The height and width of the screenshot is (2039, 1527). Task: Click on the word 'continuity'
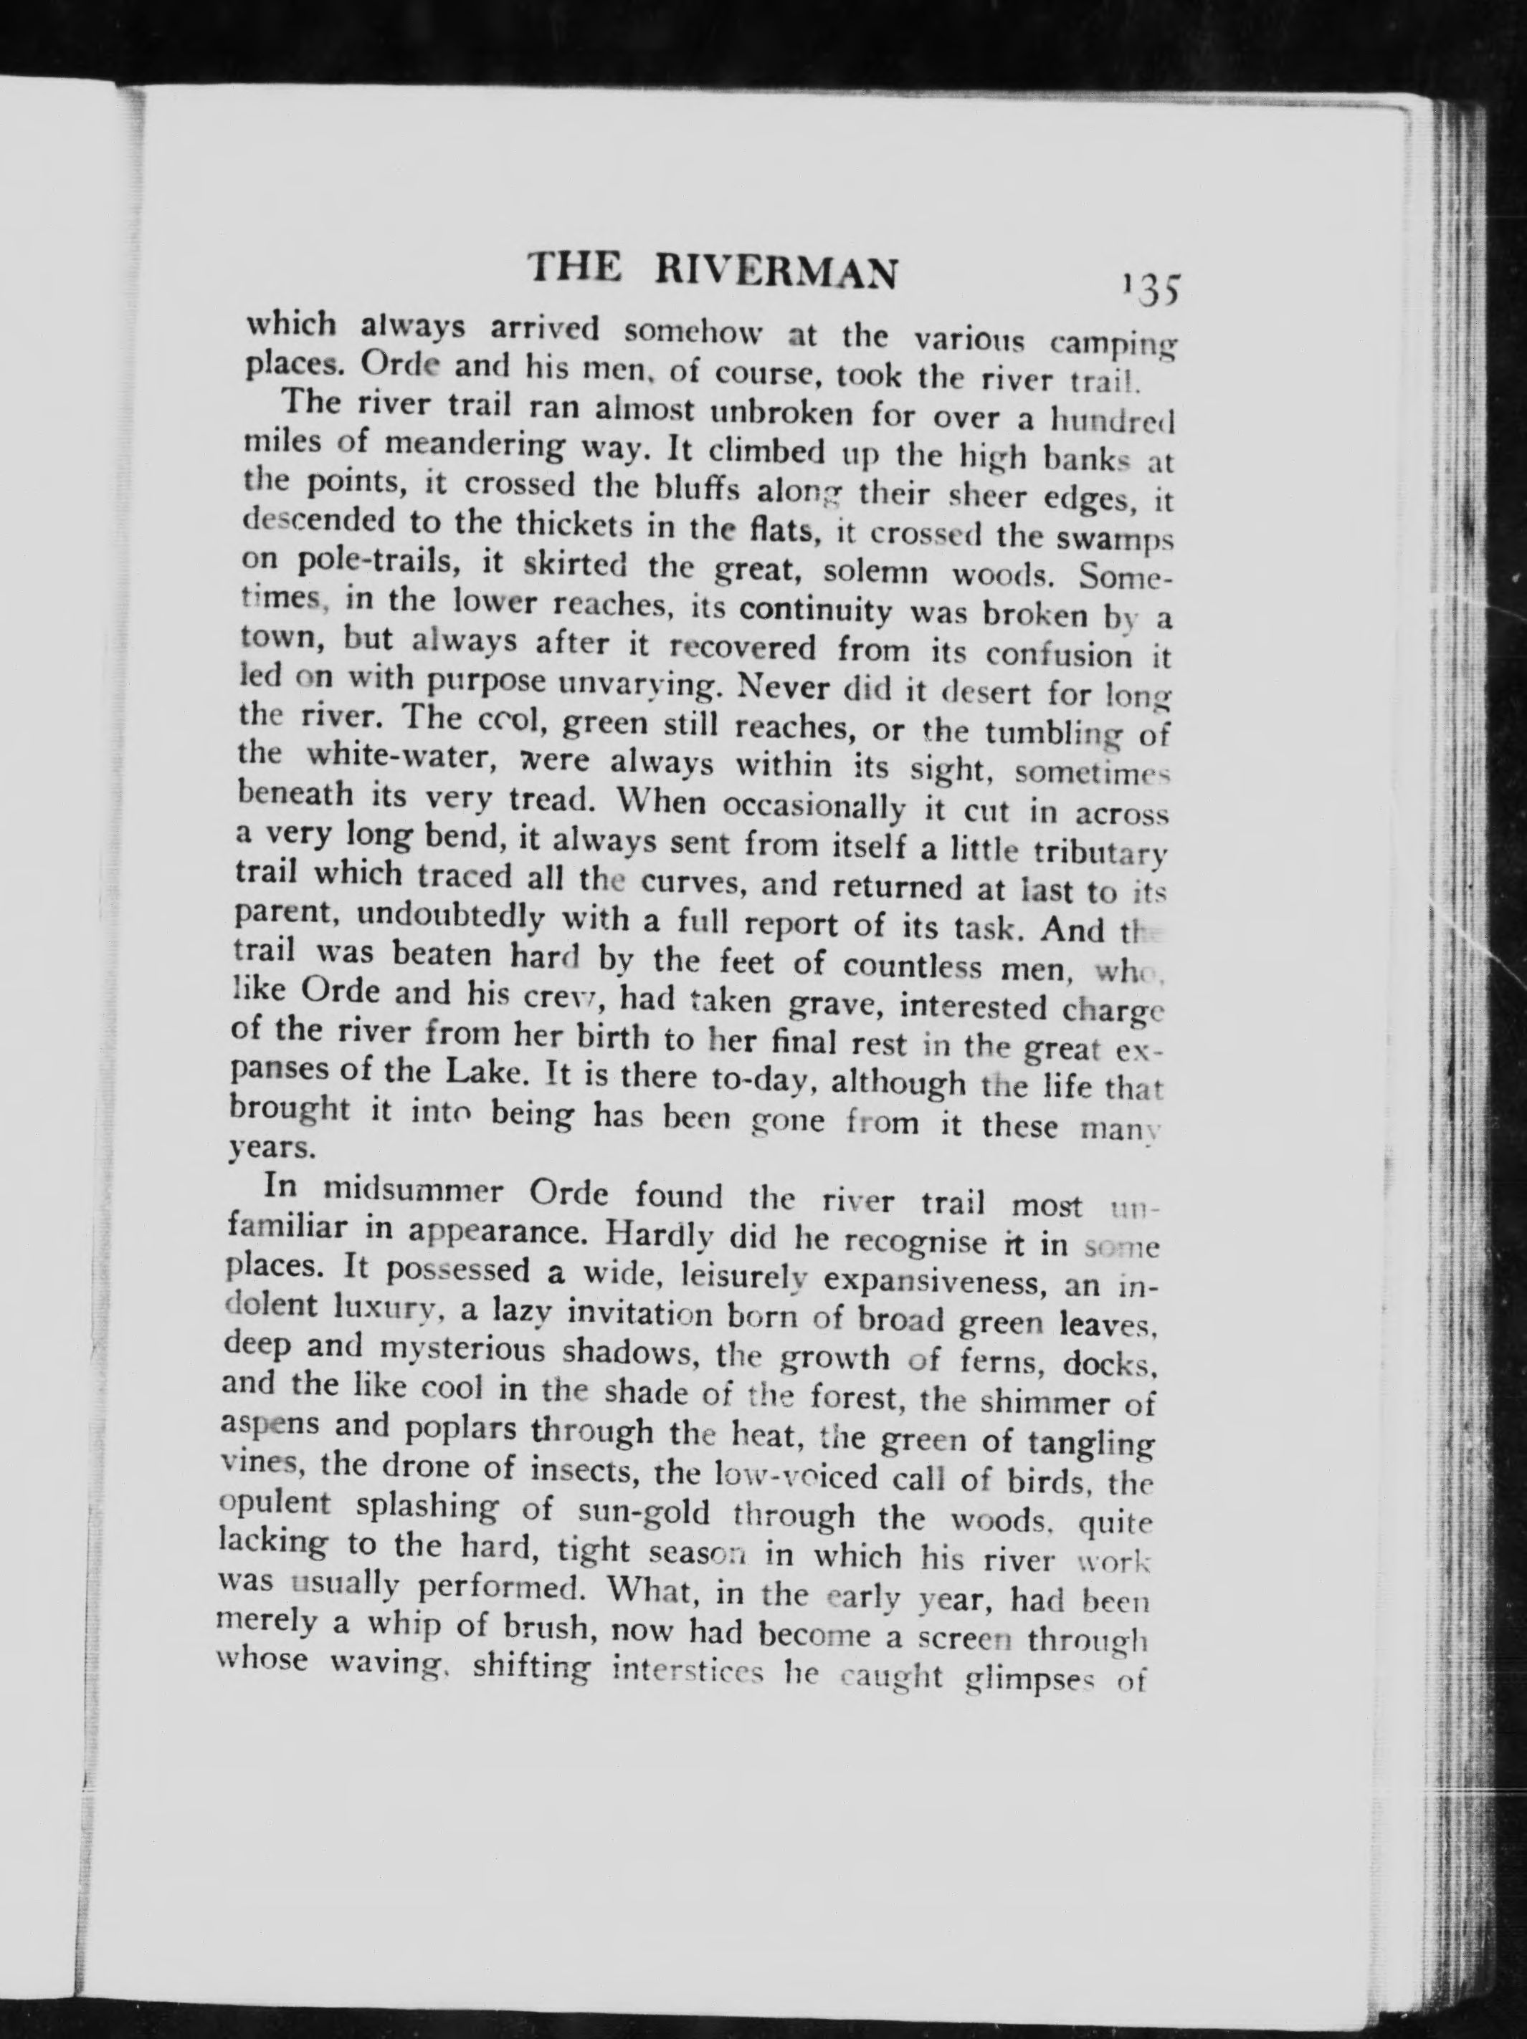click(815, 611)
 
